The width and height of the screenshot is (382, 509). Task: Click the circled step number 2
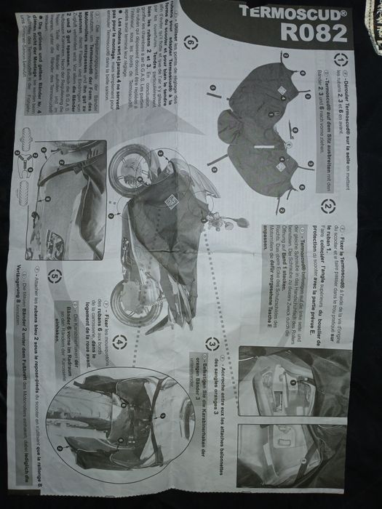pyautogui.click(x=328, y=208)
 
